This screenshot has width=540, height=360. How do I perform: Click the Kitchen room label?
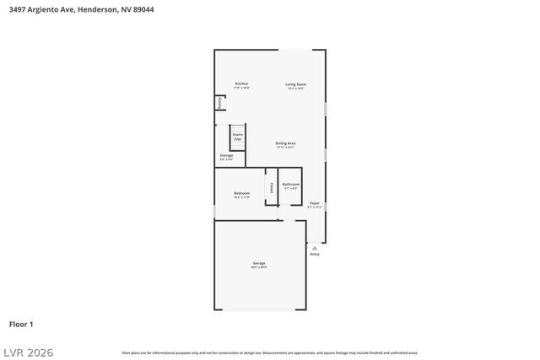(x=241, y=84)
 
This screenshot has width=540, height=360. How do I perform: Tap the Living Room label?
(x=295, y=84)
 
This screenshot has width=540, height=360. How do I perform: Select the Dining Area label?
(x=285, y=143)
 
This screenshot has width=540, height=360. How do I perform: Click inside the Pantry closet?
(x=220, y=103)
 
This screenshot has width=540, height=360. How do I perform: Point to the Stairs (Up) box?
(x=237, y=137)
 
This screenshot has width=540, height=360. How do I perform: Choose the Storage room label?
(x=226, y=156)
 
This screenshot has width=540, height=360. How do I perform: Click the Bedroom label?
(x=241, y=194)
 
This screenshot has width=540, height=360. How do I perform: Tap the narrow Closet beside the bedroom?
(x=271, y=188)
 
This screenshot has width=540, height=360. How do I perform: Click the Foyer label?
(x=314, y=203)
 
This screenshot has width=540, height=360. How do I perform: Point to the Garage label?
(x=258, y=264)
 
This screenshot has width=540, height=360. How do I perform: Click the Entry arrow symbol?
(x=315, y=248)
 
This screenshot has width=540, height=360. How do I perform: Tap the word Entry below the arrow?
(x=315, y=254)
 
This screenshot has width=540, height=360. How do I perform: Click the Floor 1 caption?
(x=21, y=324)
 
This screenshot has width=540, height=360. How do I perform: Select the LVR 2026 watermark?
(x=27, y=352)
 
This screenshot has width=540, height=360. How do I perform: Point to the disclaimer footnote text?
(x=269, y=352)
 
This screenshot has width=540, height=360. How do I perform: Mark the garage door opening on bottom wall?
(x=258, y=309)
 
